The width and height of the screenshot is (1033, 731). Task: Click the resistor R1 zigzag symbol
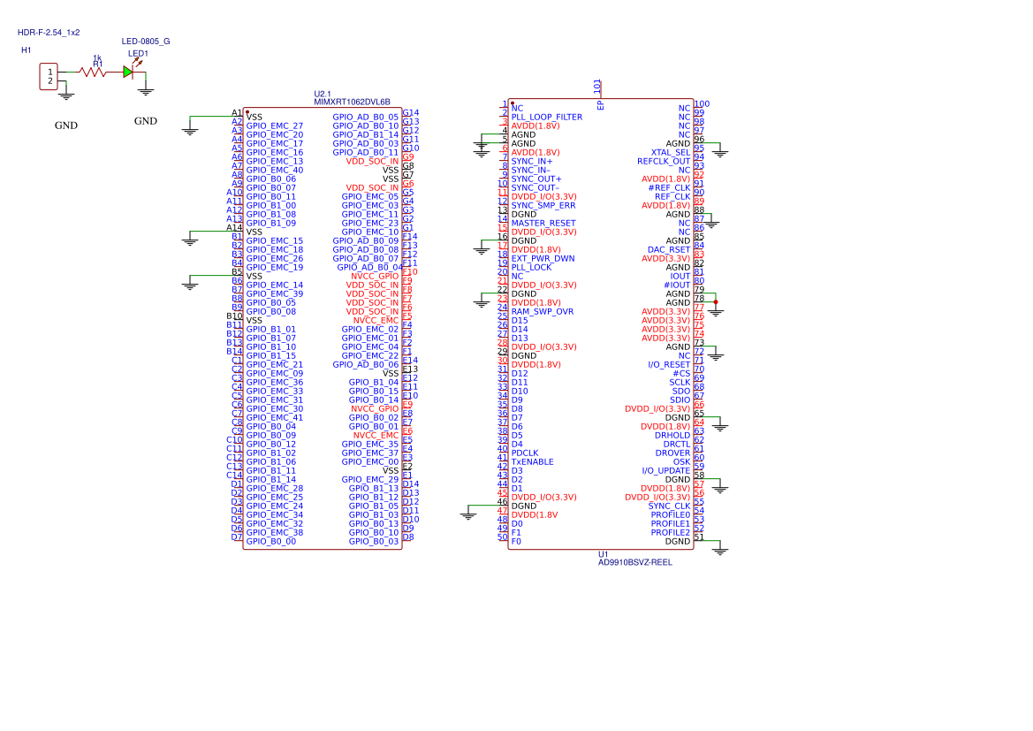coord(94,72)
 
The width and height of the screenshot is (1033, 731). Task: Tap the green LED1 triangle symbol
coord(127,72)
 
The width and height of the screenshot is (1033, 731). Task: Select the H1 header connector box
coord(49,76)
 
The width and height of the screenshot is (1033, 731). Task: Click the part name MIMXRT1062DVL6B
coord(352,103)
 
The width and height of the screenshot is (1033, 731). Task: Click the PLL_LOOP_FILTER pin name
coord(546,117)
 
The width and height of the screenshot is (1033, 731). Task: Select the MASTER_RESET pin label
coord(543,223)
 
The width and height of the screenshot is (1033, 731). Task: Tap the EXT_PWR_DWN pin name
coord(543,258)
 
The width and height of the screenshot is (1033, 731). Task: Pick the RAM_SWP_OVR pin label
coord(542,311)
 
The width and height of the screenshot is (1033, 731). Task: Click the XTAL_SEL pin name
coord(671,152)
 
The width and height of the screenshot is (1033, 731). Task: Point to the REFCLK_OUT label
coord(664,161)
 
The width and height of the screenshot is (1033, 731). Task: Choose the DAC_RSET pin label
coord(669,249)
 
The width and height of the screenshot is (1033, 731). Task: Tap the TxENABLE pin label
coord(532,461)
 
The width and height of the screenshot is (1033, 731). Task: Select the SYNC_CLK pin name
coord(669,506)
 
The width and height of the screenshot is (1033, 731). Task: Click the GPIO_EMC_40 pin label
coord(274,170)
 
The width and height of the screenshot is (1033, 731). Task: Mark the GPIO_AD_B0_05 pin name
coord(365,117)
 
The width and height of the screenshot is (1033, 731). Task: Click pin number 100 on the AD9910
coord(702,104)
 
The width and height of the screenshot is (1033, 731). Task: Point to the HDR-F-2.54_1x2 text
coord(49,32)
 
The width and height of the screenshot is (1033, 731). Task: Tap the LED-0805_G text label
coord(146,42)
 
